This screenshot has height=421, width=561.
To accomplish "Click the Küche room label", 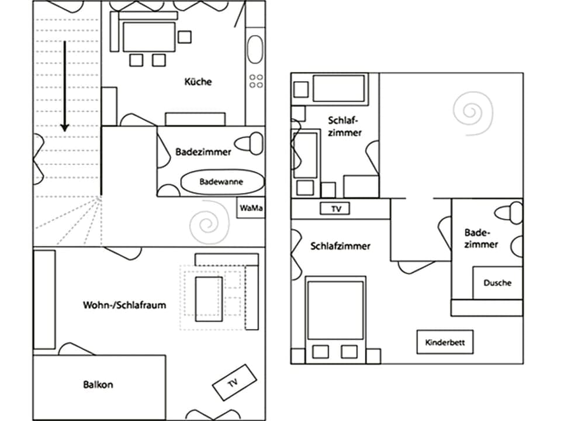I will (x=198, y=82).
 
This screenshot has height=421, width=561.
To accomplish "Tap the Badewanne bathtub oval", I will (x=221, y=182).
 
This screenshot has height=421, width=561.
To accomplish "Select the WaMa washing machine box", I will (x=250, y=208).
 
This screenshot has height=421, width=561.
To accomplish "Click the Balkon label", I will (x=98, y=385).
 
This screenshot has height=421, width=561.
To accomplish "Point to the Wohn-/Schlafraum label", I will (x=124, y=305).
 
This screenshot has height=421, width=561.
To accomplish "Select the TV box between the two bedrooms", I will (x=335, y=208).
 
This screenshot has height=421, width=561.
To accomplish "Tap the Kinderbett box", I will (x=445, y=343).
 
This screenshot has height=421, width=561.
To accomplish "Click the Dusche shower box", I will (x=497, y=283).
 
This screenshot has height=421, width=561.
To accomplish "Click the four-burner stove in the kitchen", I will (x=256, y=81).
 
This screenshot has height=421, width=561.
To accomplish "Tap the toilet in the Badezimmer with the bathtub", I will (x=252, y=142).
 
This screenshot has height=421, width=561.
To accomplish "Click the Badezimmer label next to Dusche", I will (x=481, y=239).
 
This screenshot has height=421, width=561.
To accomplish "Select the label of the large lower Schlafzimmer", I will (x=340, y=246).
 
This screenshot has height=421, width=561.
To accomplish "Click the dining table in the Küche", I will (x=149, y=37).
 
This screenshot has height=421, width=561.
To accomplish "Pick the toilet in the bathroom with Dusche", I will (x=514, y=211).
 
